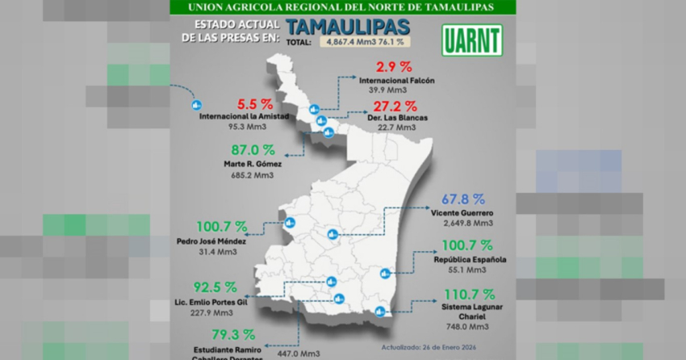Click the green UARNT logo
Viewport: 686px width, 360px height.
(472, 40)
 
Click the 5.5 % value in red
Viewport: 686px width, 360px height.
(254, 104)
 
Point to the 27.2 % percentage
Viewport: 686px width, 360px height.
(399, 106)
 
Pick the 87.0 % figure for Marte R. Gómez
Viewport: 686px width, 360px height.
(252, 150)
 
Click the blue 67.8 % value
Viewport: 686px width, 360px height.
(463, 199)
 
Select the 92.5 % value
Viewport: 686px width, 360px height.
(215, 287)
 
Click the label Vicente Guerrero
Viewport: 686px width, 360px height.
(462, 213)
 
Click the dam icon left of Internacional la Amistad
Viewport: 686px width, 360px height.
(195, 105)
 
